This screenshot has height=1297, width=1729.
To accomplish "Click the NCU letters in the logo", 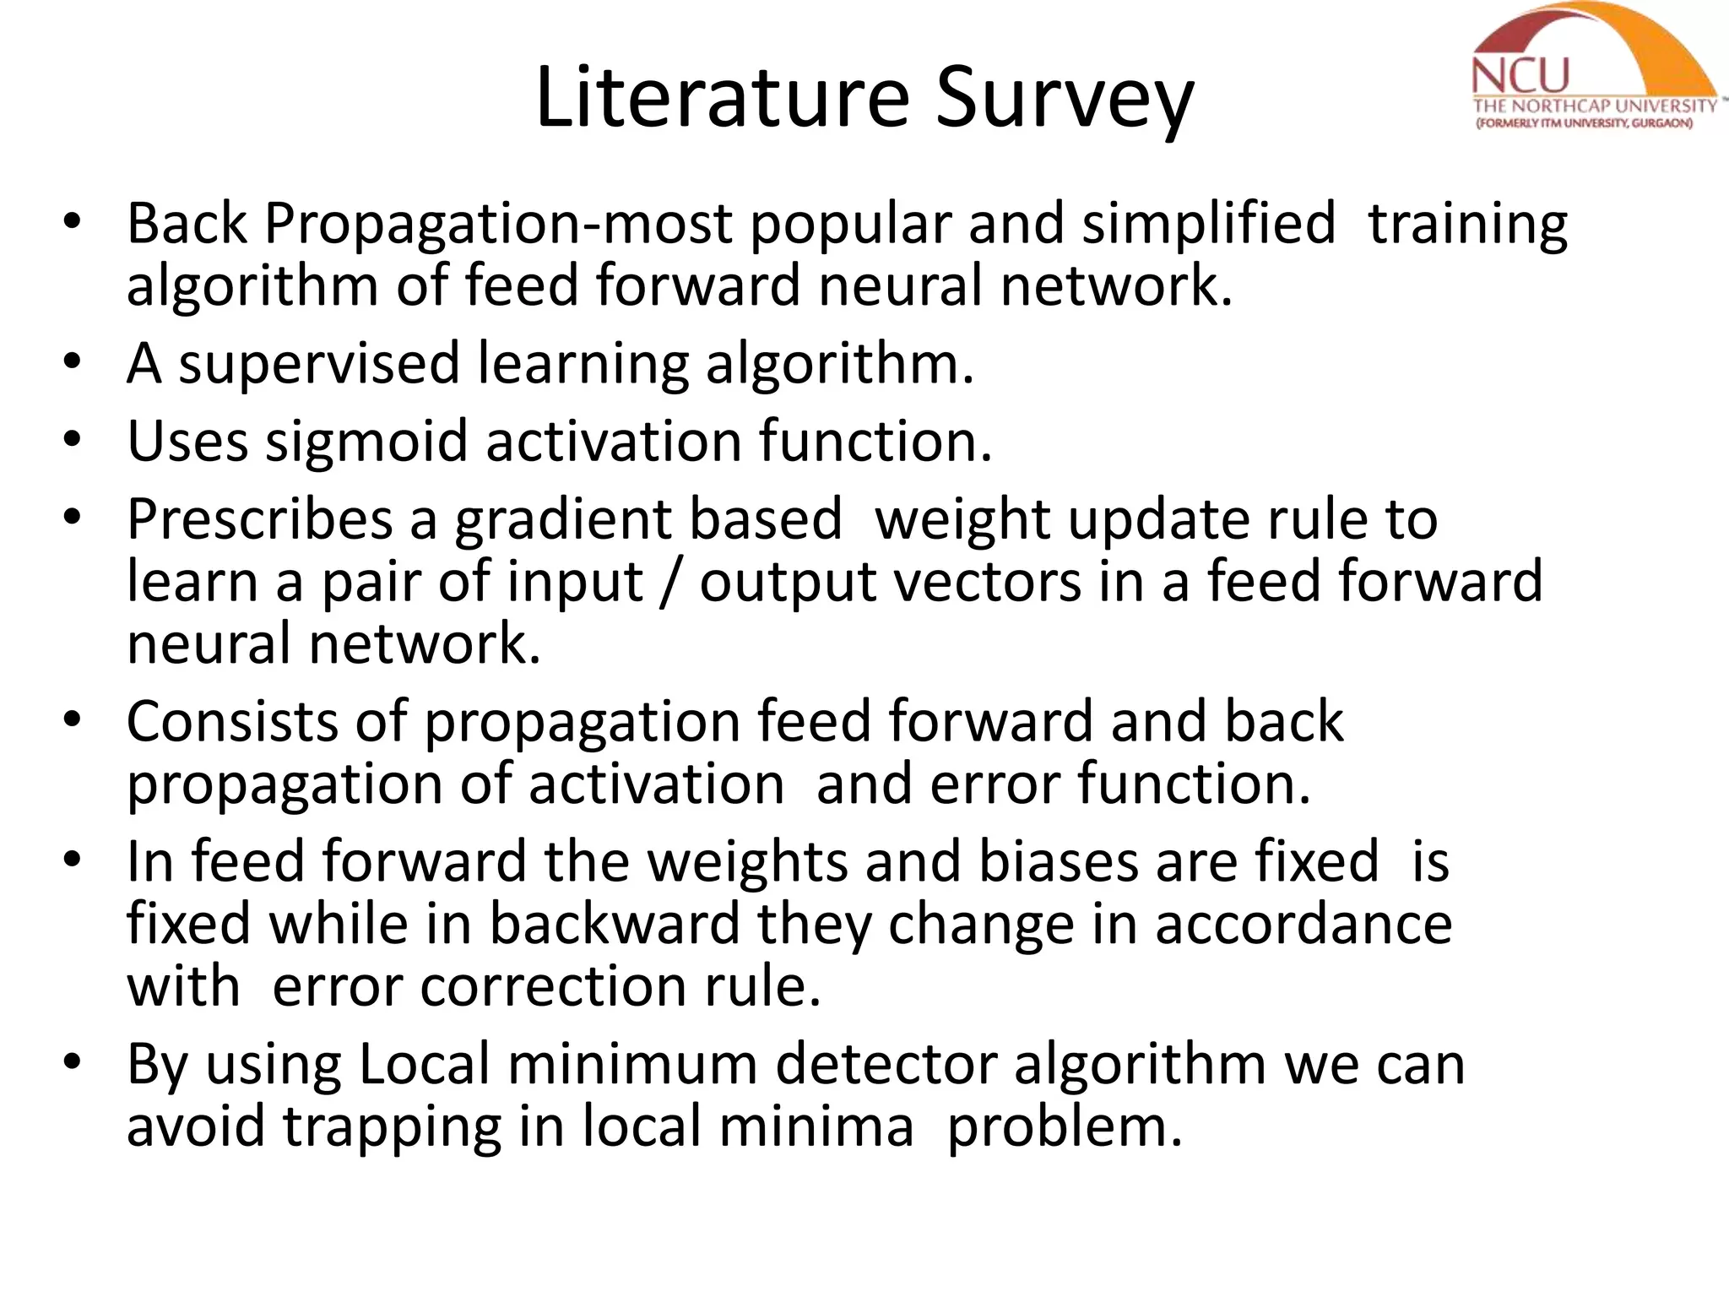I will [1520, 77].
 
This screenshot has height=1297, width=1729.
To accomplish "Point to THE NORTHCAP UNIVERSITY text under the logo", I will [1594, 106].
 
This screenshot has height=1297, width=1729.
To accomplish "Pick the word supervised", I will [318, 364].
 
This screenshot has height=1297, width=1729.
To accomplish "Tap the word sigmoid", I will [366, 442].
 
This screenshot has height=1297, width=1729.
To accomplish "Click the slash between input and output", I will [672, 582].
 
